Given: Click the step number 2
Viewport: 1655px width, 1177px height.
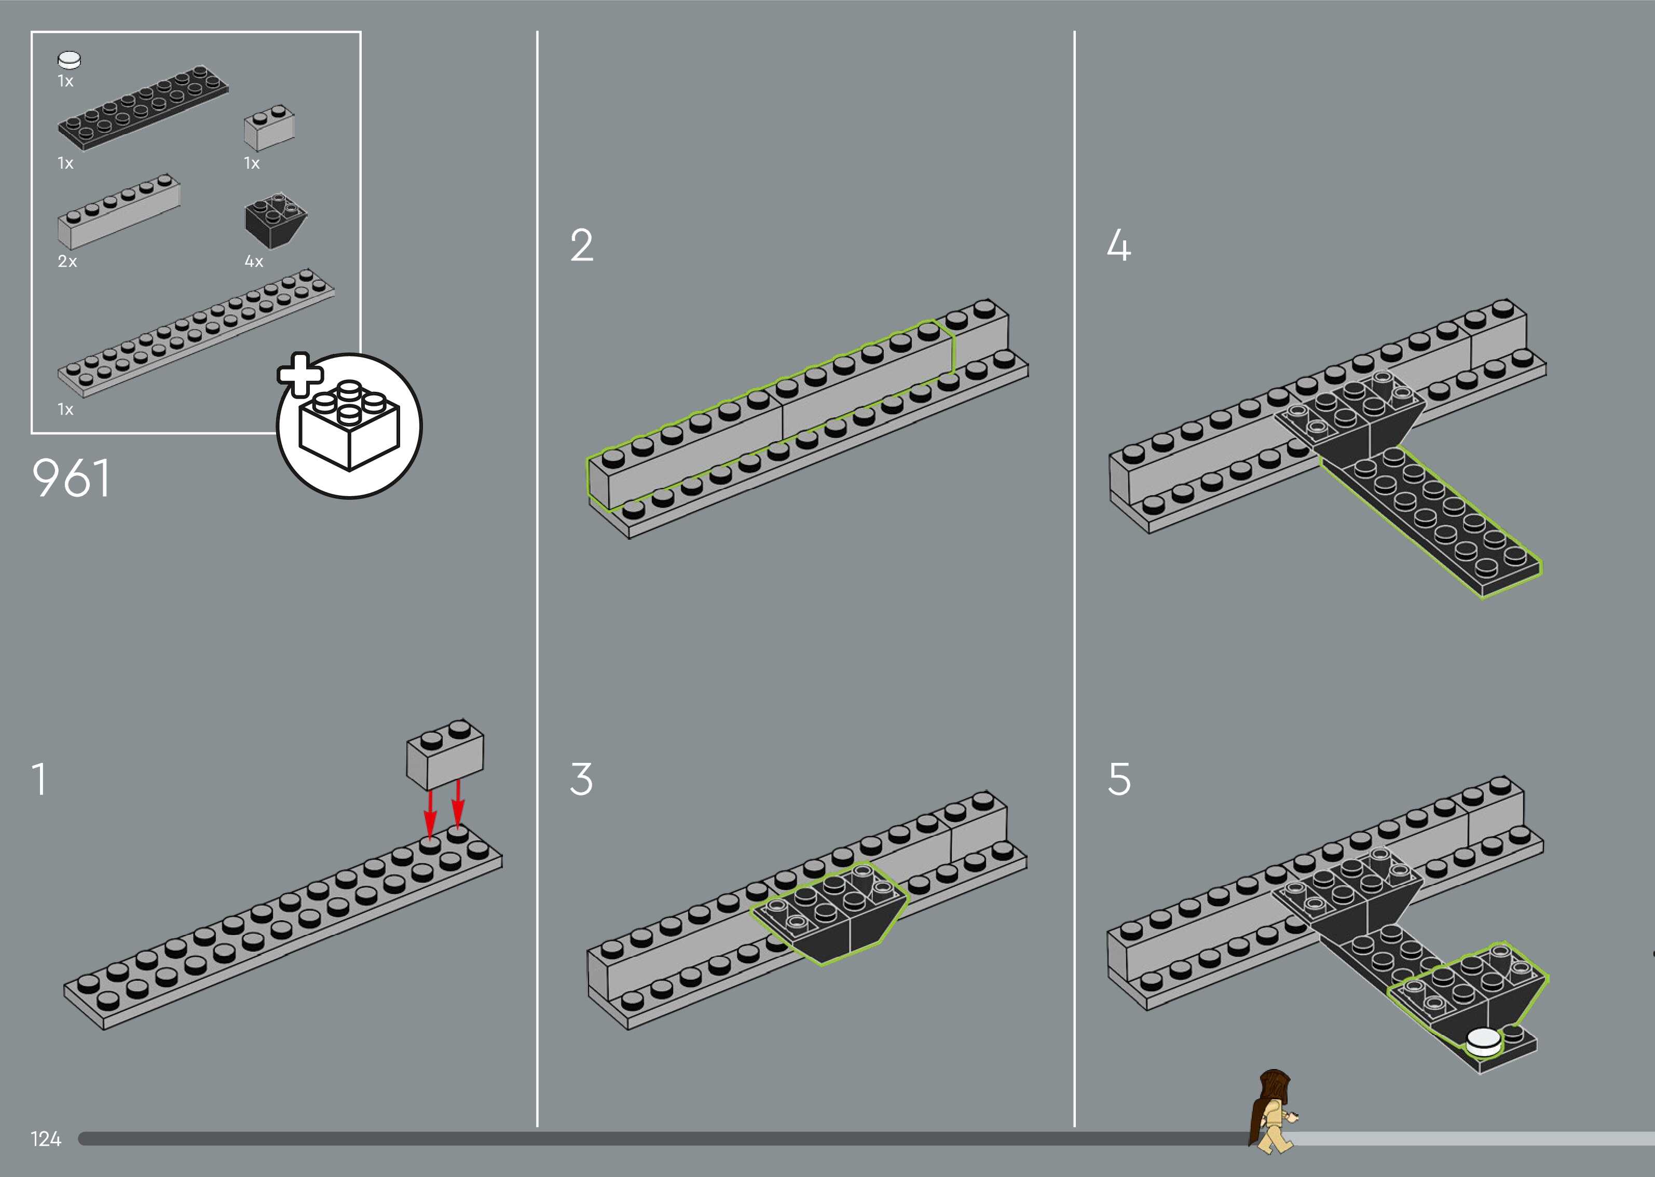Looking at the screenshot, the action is coord(582,245).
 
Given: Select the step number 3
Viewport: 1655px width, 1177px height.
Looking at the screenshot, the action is coord(581,779).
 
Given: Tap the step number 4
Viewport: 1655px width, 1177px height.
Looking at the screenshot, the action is coord(1119,245).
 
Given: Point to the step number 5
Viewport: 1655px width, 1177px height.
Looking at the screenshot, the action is coord(1119,779).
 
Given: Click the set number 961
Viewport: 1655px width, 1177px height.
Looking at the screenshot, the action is coord(71,478).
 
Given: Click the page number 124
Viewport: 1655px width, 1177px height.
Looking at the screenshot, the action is coord(46,1139).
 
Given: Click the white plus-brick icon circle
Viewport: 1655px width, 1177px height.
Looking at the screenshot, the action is coord(349,426).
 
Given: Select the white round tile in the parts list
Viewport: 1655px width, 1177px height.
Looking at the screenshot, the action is coord(70,60).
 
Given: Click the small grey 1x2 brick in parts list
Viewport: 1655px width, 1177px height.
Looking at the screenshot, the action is coord(269,128).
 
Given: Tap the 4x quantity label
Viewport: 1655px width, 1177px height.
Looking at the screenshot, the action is coord(254,262).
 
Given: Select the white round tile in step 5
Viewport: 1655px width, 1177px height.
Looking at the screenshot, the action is coord(1483,1042).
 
